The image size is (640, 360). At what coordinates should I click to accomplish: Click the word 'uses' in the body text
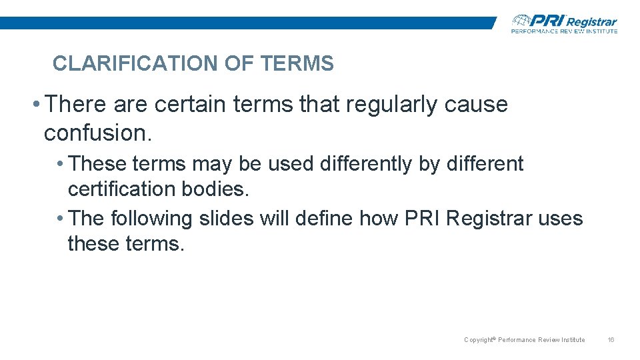564,219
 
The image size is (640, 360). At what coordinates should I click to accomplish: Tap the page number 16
611,340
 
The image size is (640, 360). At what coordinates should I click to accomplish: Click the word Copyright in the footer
477,340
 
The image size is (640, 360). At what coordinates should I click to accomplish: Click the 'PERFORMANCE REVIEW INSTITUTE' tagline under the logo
564,31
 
